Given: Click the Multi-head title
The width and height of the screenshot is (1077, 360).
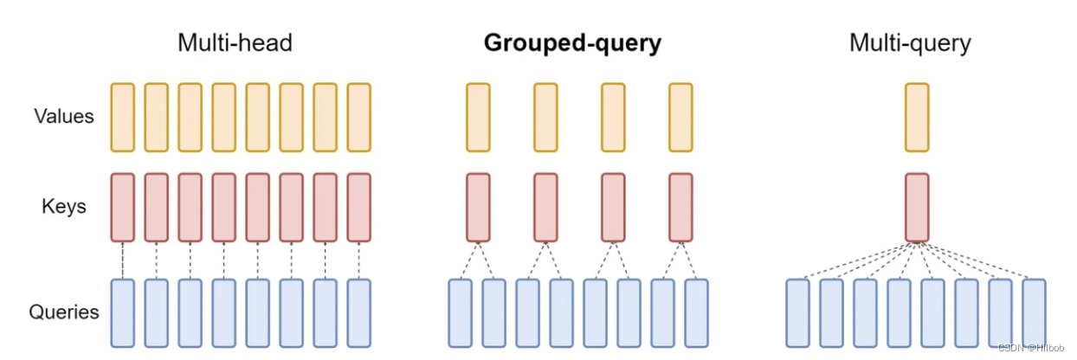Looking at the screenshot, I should tap(235, 42).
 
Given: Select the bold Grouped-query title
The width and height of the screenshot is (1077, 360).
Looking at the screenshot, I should tap(572, 42).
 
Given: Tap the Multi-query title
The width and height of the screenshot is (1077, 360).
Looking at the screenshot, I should tap(910, 42).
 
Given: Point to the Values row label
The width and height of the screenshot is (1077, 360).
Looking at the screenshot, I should tap(64, 116).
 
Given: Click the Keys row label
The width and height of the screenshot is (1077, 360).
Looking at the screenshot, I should tap(64, 207).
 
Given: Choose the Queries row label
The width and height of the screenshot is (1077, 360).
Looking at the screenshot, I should tap(64, 312).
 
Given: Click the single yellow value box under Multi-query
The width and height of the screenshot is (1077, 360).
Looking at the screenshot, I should tap(917, 117).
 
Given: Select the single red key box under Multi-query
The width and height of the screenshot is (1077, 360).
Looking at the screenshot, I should tap(917, 207).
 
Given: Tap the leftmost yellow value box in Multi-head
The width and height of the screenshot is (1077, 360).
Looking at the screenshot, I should tap(123, 117).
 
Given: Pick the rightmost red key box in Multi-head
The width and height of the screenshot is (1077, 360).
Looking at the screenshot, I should tap(358, 207).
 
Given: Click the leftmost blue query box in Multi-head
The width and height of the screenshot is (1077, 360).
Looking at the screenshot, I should tap(123, 312).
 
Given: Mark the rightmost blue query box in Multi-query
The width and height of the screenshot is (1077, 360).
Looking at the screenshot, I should tap(1034, 312).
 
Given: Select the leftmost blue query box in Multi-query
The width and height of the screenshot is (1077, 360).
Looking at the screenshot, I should tap(798, 312).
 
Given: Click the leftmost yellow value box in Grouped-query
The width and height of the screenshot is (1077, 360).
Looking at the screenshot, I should tap(478, 117).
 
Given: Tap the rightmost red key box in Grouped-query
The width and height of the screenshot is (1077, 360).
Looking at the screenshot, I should tap(680, 207).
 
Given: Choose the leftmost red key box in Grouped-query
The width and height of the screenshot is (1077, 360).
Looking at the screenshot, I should tap(478, 207).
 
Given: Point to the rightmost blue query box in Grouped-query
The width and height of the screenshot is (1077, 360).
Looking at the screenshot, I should tap(696, 312).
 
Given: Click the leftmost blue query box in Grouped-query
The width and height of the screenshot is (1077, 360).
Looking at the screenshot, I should tap(461, 312).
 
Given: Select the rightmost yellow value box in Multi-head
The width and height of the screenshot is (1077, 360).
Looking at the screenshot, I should tap(358, 117).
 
